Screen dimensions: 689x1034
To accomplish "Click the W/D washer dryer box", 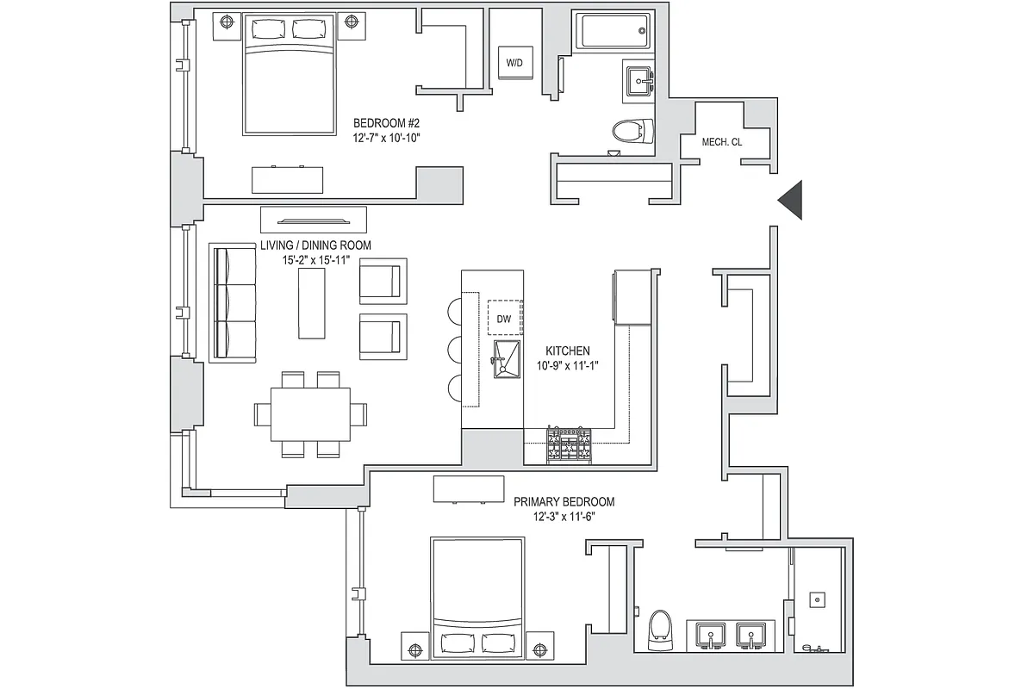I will pyautogui.click(x=514, y=63).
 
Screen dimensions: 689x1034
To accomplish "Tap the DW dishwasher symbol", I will pyautogui.click(x=504, y=319).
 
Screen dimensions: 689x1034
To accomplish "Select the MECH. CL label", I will pyautogui.click(x=721, y=142).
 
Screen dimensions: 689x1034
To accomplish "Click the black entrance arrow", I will pyautogui.click(x=791, y=200).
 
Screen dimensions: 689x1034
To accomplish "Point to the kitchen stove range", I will pyautogui.click(x=569, y=445).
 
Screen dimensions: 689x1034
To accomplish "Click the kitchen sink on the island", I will pyautogui.click(x=507, y=358).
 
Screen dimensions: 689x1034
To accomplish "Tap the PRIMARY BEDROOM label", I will pyautogui.click(x=564, y=501).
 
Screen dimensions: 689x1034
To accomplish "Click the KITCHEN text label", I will pyautogui.click(x=567, y=351).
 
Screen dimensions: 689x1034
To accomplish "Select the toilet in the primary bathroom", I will pyautogui.click(x=660, y=629).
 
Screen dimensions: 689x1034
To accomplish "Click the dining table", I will pyautogui.click(x=310, y=413).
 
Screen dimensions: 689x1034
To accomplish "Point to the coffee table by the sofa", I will pyautogui.click(x=312, y=303).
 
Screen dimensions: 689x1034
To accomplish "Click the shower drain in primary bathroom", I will pyautogui.click(x=814, y=596).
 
